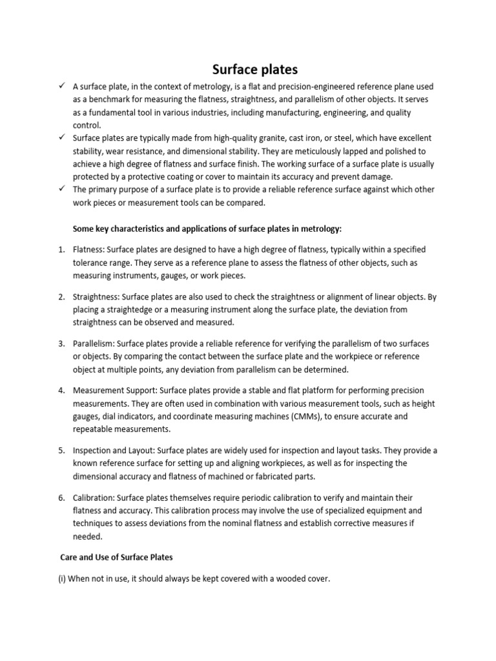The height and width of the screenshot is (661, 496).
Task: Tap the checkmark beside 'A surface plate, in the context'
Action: tap(60, 86)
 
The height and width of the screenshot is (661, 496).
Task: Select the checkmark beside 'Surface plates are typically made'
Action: tap(60, 137)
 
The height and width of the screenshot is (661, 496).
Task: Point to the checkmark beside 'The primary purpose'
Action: tap(60, 189)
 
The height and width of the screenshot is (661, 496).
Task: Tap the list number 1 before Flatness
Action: tap(61, 249)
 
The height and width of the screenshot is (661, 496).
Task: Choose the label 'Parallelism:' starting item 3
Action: tap(94, 344)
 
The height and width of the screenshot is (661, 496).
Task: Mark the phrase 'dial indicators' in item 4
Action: tap(131, 417)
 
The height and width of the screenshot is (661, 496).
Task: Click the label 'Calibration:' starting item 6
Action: tap(94, 498)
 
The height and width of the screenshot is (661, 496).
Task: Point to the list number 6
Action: tap(61, 498)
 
